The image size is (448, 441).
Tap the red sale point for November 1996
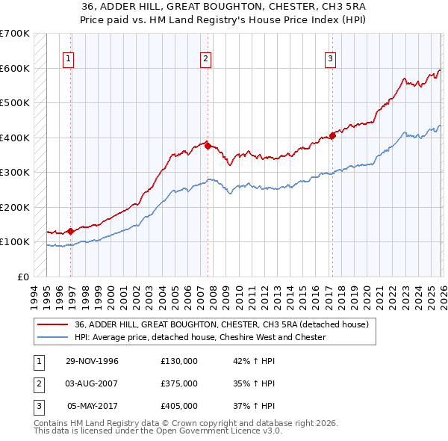coord(71,231)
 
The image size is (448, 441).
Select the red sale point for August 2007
coord(208,147)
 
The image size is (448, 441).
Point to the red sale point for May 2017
coord(332,135)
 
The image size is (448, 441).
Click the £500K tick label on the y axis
coord(14,103)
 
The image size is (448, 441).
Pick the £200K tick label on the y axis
coord(14,207)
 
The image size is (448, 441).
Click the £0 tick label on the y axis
coord(22,277)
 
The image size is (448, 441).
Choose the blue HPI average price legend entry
coord(200,337)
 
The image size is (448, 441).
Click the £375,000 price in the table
coord(179,383)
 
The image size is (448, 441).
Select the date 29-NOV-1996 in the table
coord(93,361)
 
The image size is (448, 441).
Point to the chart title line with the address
coord(223,6)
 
